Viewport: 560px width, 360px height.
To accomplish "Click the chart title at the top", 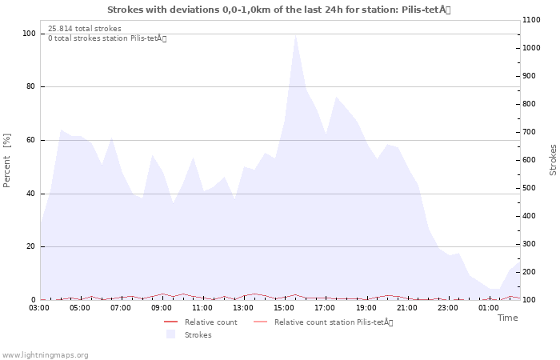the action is [x=279, y=10].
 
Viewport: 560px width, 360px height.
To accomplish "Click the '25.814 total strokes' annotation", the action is [x=85, y=29].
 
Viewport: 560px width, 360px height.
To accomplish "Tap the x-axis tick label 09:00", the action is [x=162, y=308].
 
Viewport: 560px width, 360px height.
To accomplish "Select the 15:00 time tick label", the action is [x=284, y=308].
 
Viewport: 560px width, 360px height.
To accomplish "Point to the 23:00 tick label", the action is [x=447, y=308].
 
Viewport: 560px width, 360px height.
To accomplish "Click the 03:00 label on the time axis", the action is [x=39, y=308].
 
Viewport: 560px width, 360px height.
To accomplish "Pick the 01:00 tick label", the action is [x=488, y=308].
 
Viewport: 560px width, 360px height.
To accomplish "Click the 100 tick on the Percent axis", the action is [x=29, y=34].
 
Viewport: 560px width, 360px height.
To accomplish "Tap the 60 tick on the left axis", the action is [x=31, y=140].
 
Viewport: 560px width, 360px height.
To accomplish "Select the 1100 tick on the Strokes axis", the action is [x=531, y=20].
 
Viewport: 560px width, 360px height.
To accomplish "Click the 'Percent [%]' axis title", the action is [x=6, y=160].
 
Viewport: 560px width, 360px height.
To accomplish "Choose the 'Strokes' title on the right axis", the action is [x=553, y=160].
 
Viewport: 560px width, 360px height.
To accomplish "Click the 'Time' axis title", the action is [x=507, y=318].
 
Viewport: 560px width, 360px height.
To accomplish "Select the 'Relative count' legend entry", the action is [x=201, y=322].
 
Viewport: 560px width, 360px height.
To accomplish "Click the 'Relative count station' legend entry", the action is [x=323, y=322].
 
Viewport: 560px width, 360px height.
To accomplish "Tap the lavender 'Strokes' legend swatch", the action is [x=171, y=334].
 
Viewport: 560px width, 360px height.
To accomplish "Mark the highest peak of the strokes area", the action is [x=295, y=35].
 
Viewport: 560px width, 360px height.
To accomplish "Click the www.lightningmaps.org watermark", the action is [x=44, y=355].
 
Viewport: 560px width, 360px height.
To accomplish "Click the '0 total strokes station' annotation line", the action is [x=107, y=38].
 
